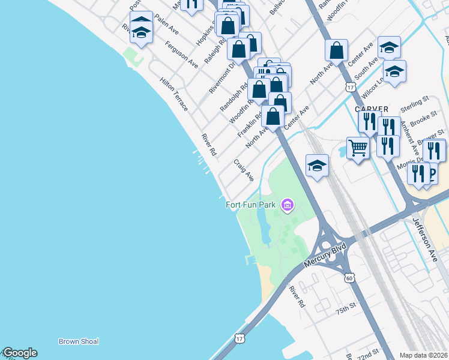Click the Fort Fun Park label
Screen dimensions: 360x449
(250, 205)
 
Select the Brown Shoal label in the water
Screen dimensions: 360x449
(78, 341)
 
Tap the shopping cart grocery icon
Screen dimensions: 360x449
(358, 147)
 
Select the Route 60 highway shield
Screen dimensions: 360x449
(349, 278)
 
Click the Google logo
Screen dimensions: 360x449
(19, 353)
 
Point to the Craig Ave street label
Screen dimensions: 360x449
(244, 170)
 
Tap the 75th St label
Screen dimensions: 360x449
(346, 310)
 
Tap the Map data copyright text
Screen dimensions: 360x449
(424, 355)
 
